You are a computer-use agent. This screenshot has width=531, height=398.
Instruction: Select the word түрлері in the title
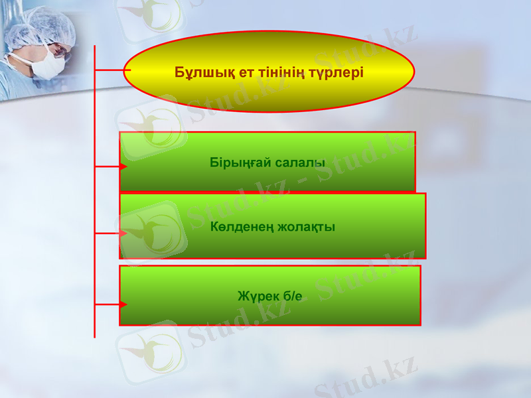tap(338, 72)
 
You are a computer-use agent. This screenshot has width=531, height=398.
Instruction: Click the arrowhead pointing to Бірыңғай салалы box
tap(123, 166)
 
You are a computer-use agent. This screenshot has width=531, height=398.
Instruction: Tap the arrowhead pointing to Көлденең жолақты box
tap(123, 233)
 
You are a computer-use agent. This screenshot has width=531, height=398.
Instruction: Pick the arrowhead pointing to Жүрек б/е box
tap(123, 304)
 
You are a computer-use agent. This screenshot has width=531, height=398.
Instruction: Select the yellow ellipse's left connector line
tap(110, 70)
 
